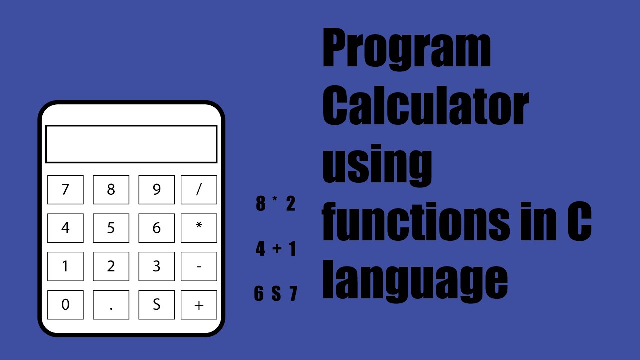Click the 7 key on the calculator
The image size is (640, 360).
tap(65, 190)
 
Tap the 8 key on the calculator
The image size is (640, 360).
tap(111, 190)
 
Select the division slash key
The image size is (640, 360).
tap(199, 190)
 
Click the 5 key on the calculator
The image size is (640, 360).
tap(111, 228)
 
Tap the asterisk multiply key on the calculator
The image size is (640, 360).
tap(199, 228)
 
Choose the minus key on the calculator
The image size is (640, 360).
tap(199, 266)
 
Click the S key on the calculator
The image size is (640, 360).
tap(156, 305)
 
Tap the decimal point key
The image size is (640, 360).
tap(111, 305)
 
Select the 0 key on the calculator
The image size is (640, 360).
tap(65, 305)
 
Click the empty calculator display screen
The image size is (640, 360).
tap(131, 144)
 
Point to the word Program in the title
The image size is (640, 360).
tap(406, 50)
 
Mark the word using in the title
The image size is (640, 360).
tap(377, 165)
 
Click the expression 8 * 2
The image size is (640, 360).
tap(275, 204)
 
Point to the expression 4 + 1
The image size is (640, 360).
tap(276, 248)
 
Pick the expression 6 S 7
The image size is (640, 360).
tap(276, 294)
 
